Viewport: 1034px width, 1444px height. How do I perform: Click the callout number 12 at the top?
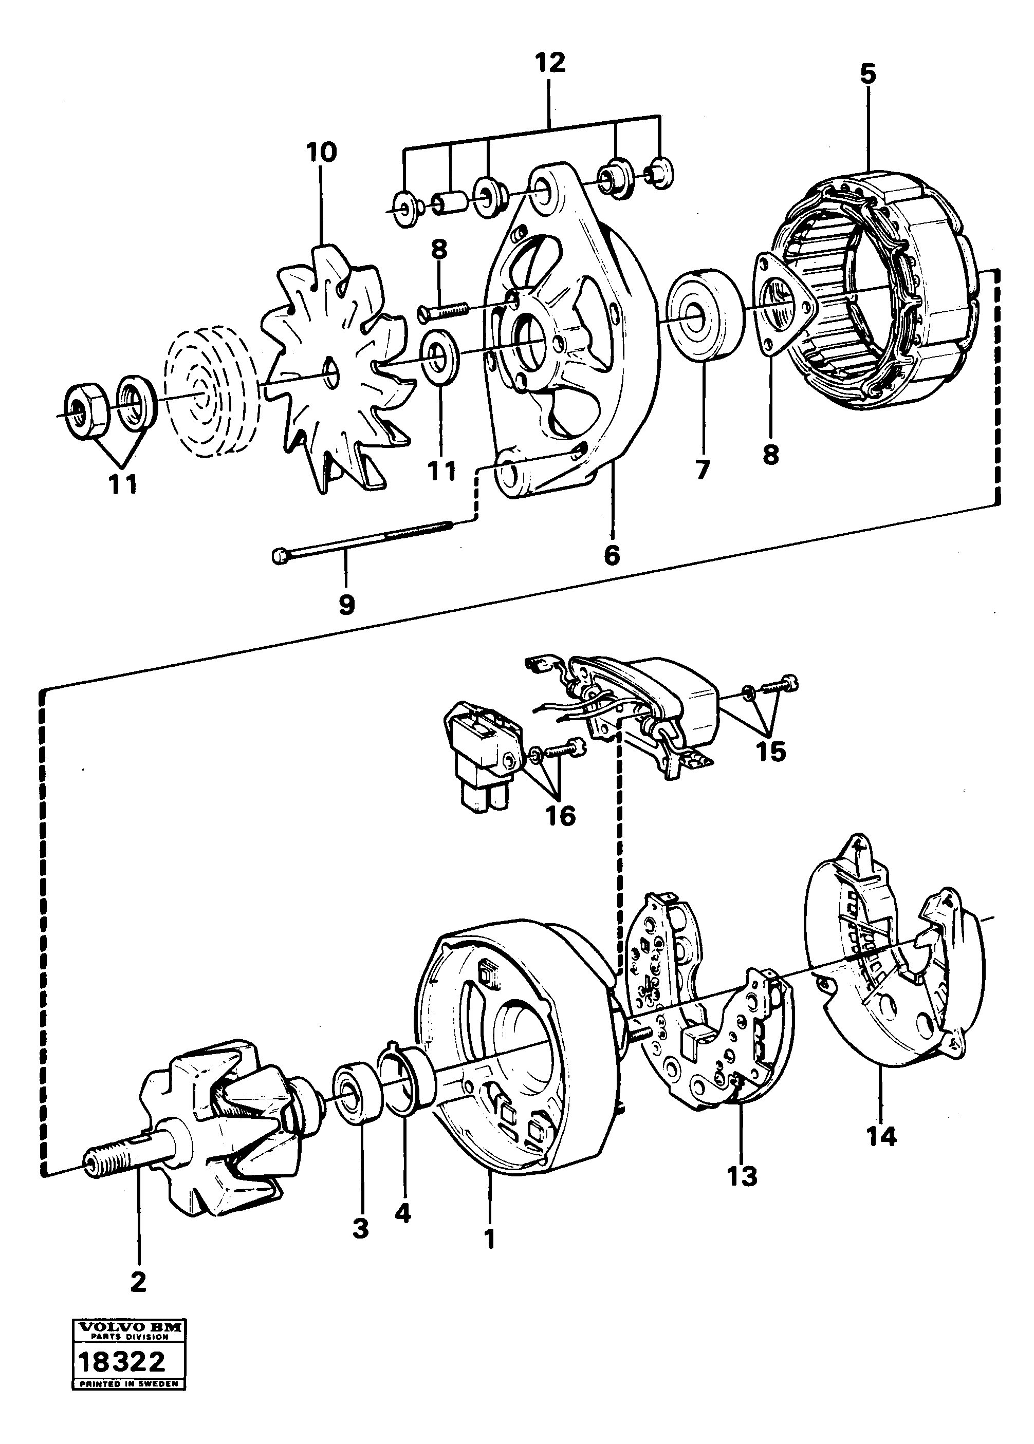550,63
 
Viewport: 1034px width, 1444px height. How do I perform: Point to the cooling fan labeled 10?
331,369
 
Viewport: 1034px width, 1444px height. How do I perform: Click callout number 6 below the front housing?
611,555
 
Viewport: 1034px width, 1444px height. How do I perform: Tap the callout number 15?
770,752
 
